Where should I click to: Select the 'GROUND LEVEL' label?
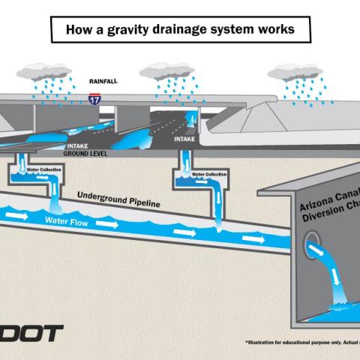click(88, 154)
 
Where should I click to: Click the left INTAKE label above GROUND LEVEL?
click(79, 147)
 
